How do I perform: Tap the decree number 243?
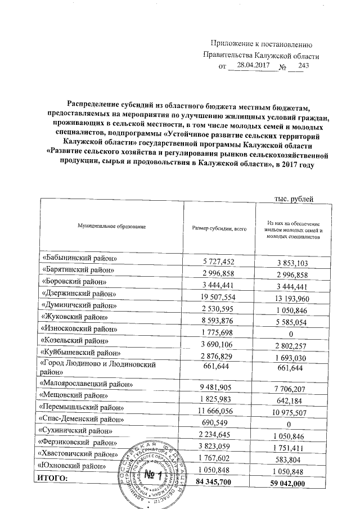click(304, 66)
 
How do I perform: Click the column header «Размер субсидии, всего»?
click(219, 227)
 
